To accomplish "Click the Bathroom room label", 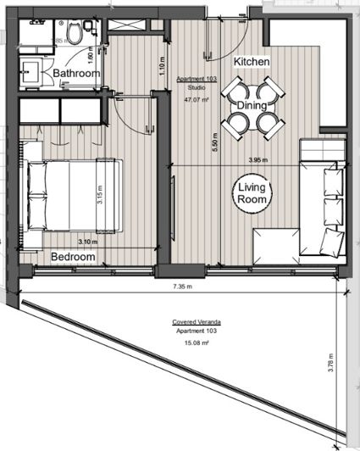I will [77, 74].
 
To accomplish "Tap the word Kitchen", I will [252, 63].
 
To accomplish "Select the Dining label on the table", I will [252, 107].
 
